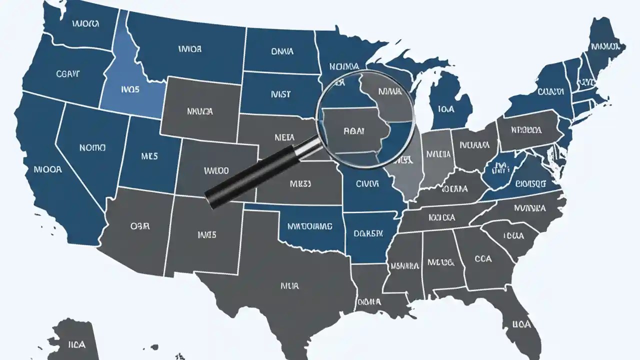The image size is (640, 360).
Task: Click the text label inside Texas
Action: click(x=289, y=286)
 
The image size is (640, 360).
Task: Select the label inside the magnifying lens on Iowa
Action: click(x=354, y=131)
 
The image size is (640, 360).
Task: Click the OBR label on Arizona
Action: click(x=140, y=226)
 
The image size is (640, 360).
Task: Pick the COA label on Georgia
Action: click(x=483, y=258)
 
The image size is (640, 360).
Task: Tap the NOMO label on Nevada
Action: click(x=92, y=148)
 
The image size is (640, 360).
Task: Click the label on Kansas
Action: click(x=300, y=183)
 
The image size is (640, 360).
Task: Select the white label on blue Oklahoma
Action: click(x=309, y=226)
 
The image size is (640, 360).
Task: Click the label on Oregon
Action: click(x=68, y=74)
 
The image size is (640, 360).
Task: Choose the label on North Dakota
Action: click(x=282, y=51)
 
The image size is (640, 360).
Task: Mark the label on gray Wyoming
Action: click(x=199, y=111)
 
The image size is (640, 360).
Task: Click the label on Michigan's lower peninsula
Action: click(x=445, y=108)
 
